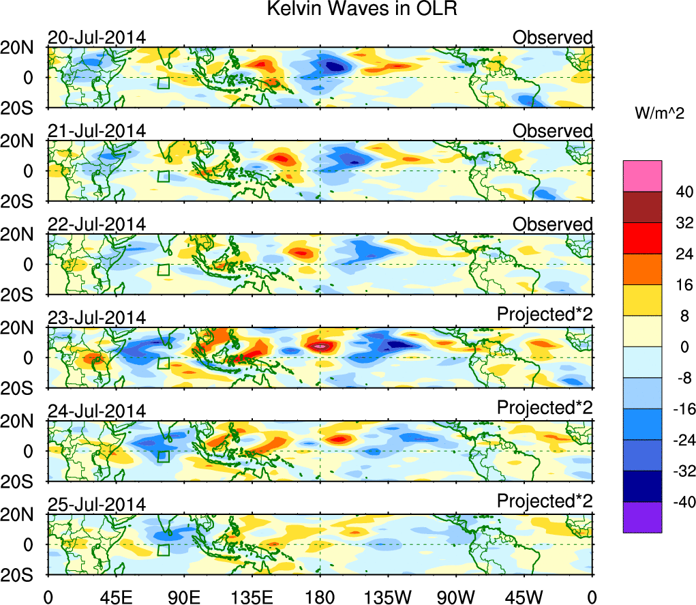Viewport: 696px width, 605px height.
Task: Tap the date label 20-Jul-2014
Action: coord(96,38)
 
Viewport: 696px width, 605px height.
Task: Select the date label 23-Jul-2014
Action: coord(96,318)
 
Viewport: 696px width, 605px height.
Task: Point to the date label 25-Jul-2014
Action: coord(96,505)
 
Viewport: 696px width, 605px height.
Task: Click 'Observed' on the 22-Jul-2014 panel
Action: coord(552,224)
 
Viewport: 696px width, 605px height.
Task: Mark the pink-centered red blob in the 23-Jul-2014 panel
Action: coord(321,346)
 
